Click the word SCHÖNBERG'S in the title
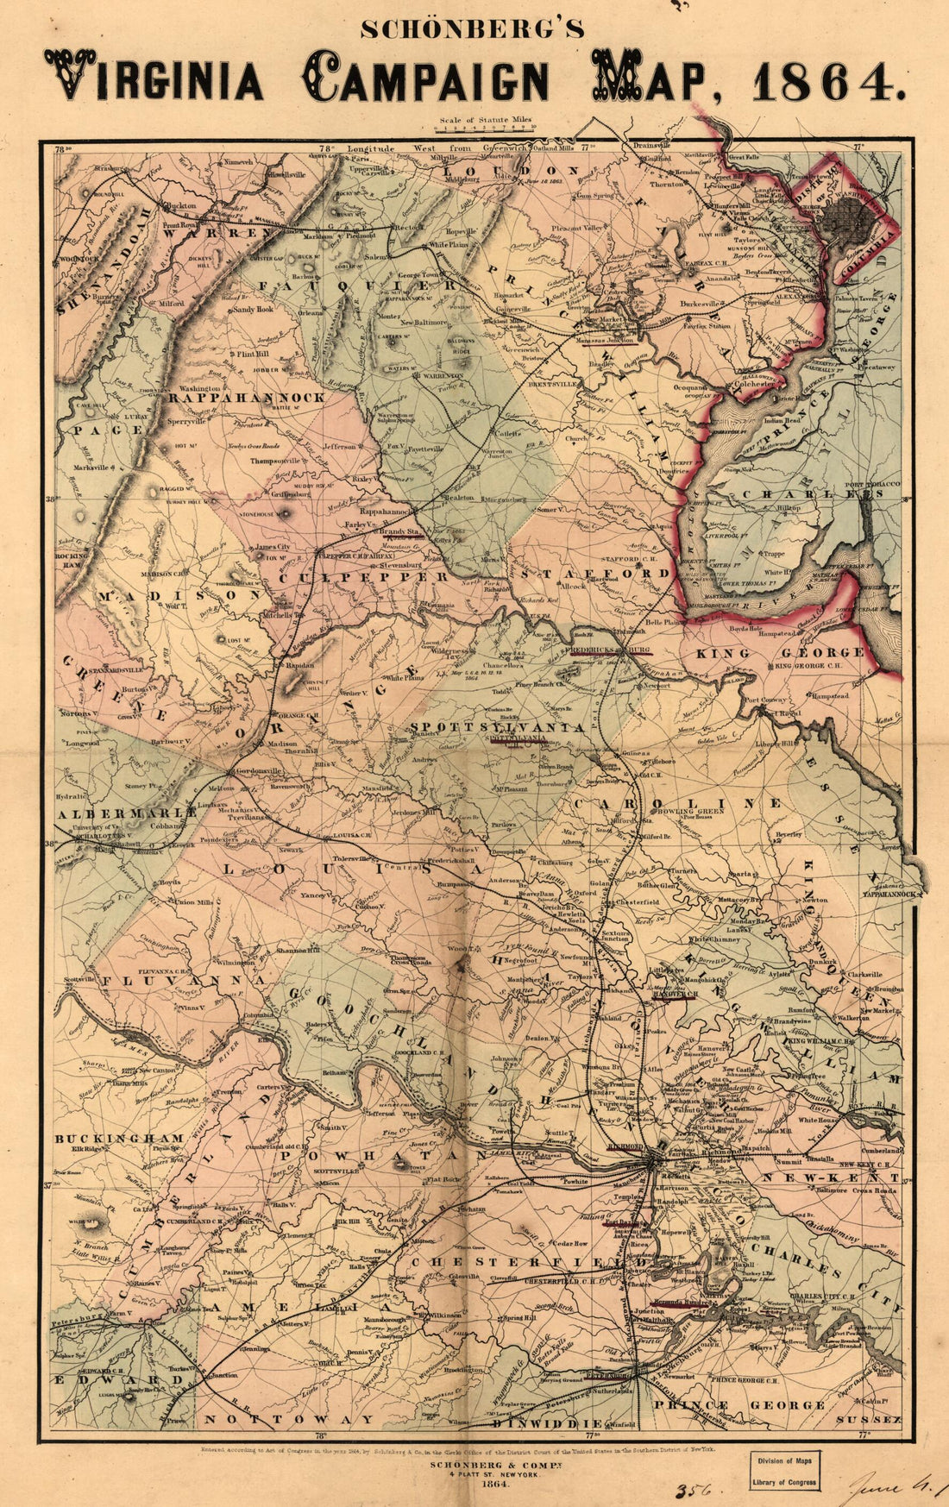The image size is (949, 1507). pyautogui.click(x=473, y=29)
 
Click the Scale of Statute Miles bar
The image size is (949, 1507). pyautogui.click(x=486, y=128)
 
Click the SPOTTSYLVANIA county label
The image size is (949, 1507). pyautogui.click(x=497, y=727)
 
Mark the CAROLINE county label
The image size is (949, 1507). pyautogui.click(x=679, y=803)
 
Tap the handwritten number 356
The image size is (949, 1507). pyautogui.click(x=690, y=1490)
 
